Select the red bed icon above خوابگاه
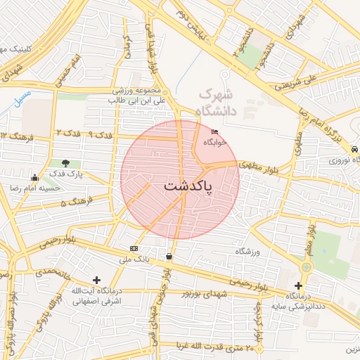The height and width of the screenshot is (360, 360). coord(214,131)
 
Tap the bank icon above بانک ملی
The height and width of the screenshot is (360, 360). coord(134,248)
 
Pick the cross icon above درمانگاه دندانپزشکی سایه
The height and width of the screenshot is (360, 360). coord(299,285)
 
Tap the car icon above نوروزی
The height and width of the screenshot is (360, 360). coord(356,149)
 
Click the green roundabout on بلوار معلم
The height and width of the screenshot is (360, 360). coord(306,267)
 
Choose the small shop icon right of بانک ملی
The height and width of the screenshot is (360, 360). coord(169,257)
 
